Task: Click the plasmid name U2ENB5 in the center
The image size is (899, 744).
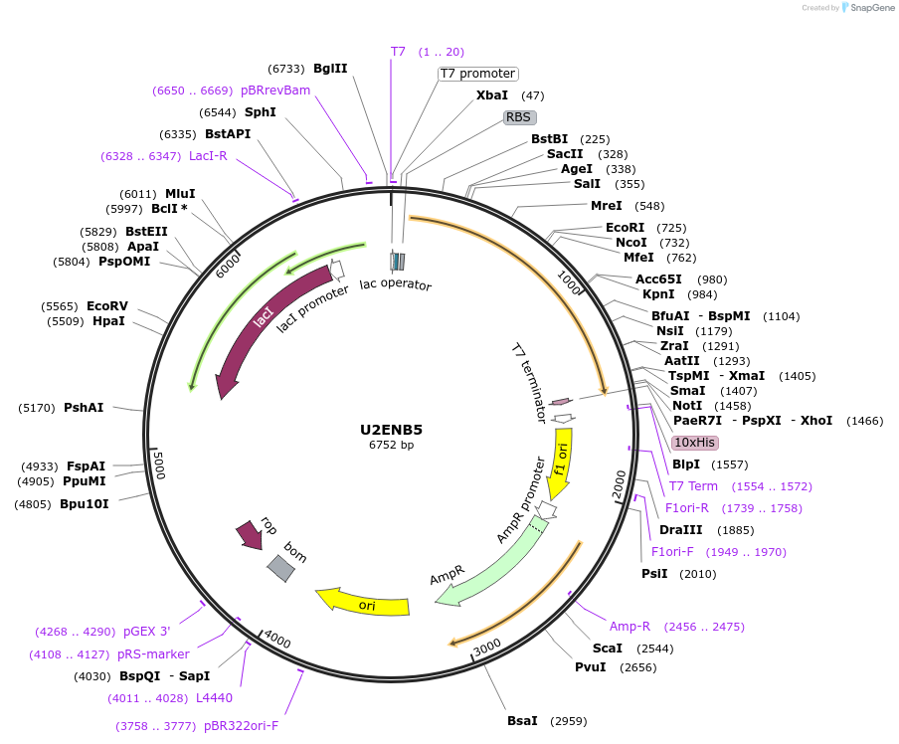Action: (391, 430)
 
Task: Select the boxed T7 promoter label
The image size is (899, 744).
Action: (478, 74)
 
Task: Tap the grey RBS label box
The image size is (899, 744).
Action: (519, 116)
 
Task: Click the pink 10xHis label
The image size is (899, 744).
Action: (695, 442)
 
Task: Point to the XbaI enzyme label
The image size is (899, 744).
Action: (492, 95)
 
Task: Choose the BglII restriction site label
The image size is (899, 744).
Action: (330, 69)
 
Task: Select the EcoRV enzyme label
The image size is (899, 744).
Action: (106, 305)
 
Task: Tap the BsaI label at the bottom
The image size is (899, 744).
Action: (522, 720)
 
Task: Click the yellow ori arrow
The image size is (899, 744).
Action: (363, 602)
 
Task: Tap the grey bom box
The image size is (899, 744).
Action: (280, 568)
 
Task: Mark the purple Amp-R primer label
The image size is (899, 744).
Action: (629, 627)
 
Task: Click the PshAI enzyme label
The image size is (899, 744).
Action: (84, 408)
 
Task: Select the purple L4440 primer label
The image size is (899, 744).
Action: (214, 698)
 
